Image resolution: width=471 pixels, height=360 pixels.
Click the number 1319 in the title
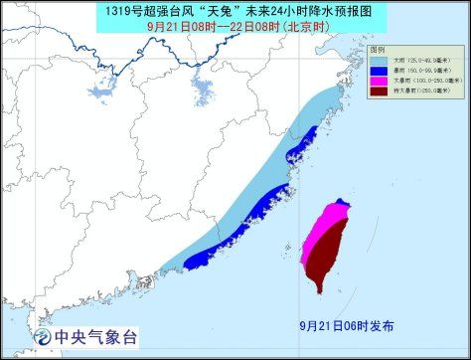click(128, 11)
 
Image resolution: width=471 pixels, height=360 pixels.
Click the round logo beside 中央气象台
click(45, 337)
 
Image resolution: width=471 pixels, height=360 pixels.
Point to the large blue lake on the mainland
click(204, 92)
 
